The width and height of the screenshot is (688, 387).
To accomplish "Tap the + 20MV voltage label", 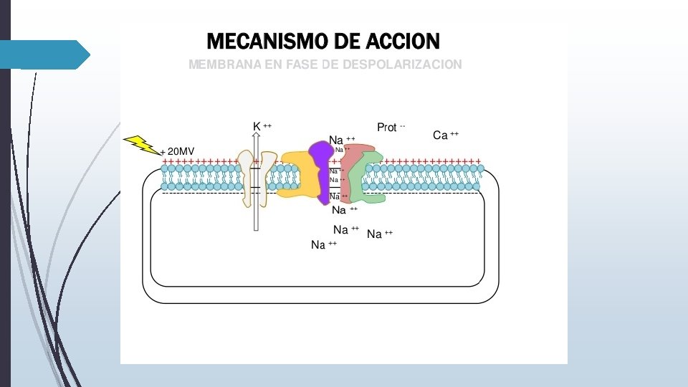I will tap(177, 152).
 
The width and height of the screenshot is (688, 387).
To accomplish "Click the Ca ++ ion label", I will tap(445, 135).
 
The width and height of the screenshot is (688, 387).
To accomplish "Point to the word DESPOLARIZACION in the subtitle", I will tap(402, 64).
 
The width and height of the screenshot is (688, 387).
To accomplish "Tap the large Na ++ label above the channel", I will tap(341, 139).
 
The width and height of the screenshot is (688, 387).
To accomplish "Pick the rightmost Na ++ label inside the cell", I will tap(379, 234).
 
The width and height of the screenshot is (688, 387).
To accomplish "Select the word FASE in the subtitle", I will tap(302, 64).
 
